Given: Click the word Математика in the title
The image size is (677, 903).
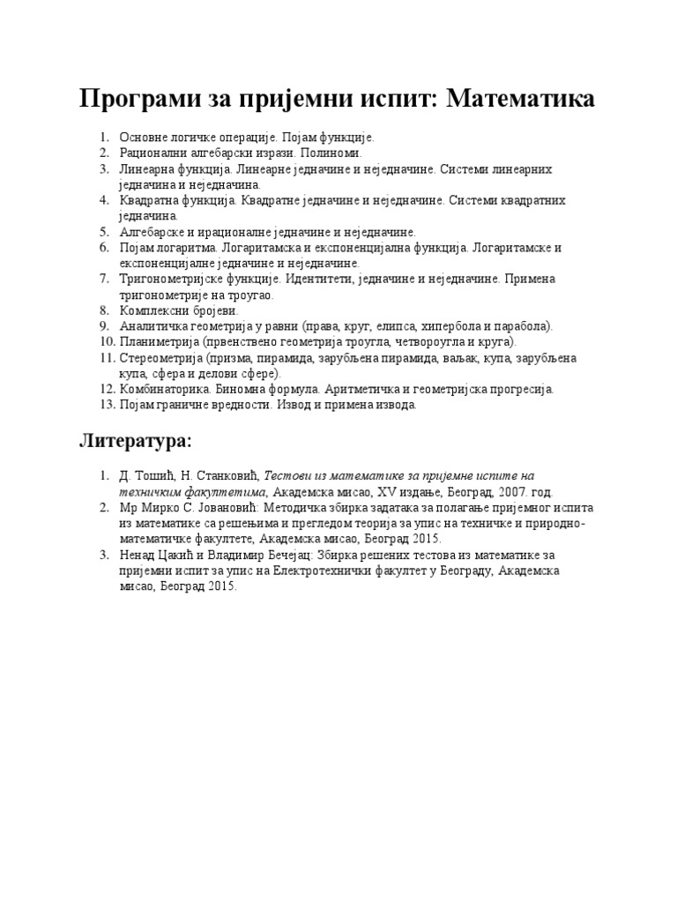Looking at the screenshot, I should click(521, 99).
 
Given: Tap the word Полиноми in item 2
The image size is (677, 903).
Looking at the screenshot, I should click(335, 153).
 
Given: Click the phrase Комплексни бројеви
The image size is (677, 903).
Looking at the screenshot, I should click(179, 310).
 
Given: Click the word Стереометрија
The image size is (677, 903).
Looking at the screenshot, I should click(160, 358).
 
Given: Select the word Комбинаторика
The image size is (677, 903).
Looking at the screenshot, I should click(164, 389).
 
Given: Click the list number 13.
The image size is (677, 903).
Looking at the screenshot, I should click(106, 405).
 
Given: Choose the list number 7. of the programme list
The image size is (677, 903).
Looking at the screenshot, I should click(103, 280).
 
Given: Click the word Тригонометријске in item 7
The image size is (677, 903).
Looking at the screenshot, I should click(171, 280).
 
